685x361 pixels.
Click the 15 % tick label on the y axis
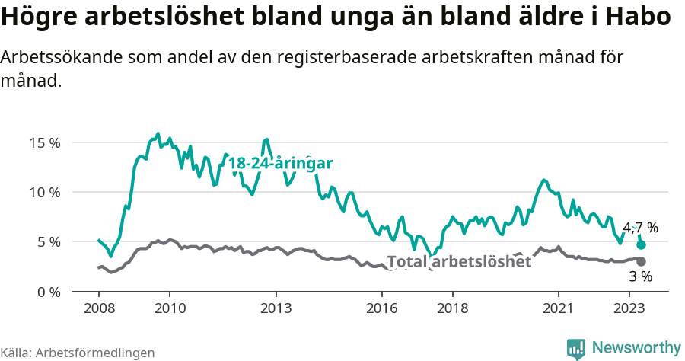(45, 142)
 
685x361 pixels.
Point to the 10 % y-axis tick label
(45, 192)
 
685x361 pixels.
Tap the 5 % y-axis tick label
(48, 242)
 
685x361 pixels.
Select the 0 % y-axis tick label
(48, 292)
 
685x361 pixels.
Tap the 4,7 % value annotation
(640, 228)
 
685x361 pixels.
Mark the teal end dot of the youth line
(641, 244)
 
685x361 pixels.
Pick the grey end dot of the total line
(641, 261)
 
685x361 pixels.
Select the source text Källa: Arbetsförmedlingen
(78, 353)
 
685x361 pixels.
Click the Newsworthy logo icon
(576, 348)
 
